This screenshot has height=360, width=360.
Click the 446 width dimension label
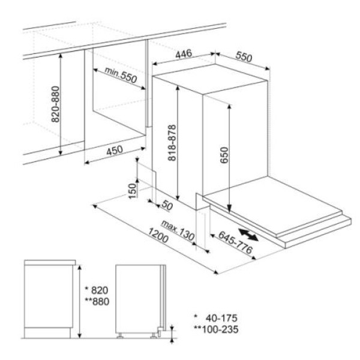(184, 54)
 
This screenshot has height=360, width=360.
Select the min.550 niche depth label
(121, 74)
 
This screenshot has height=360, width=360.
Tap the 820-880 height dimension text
(55, 104)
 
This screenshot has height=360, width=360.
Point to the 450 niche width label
(115, 151)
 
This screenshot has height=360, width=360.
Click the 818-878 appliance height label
(172, 143)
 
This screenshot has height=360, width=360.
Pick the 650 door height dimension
(224, 155)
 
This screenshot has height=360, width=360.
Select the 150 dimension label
(133, 191)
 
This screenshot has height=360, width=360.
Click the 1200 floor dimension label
(158, 235)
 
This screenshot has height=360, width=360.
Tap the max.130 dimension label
(178, 230)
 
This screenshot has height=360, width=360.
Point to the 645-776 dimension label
(235, 242)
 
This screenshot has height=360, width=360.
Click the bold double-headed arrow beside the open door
(248, 235)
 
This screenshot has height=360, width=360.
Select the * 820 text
(97, 290)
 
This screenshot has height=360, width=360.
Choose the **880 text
(97, 301)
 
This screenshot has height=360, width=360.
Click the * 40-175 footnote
(215, 318)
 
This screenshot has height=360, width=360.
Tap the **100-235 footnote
(216, 329)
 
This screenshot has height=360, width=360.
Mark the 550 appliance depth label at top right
(244, 57)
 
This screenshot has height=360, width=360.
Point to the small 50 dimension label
(167, 205)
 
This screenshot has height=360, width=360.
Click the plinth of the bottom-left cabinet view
(47, 333)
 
